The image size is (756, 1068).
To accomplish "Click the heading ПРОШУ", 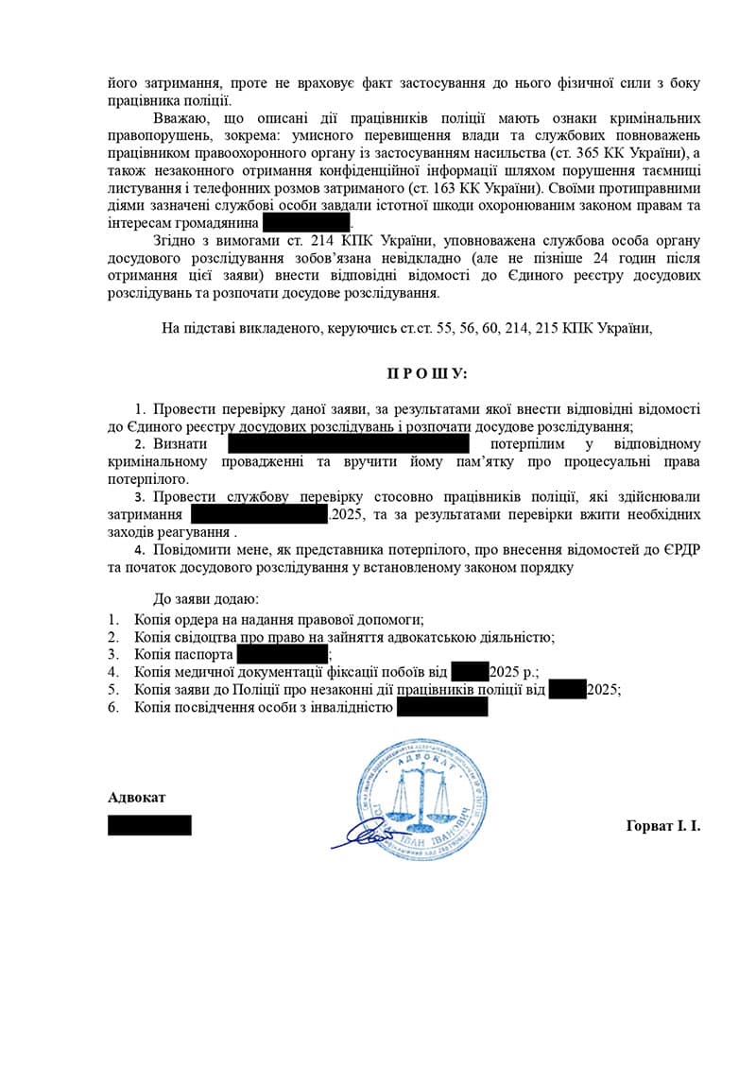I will coord(426,373).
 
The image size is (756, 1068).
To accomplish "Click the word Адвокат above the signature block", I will coord(137,797).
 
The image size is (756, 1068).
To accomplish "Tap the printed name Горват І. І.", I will coord(662,825).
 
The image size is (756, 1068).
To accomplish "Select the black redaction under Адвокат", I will coord(149,825).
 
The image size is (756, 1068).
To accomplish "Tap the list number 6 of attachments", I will coord(112,708).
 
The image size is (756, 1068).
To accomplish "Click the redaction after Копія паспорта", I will coord(282,654).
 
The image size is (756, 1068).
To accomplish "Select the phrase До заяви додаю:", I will coord(205,599).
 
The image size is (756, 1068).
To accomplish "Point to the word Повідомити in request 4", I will coord(188,551).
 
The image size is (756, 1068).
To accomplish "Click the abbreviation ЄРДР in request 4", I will coord(680,551).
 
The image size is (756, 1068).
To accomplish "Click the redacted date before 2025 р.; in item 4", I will coord(470,672).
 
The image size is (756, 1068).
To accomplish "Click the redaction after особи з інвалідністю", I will coord(442,708).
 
